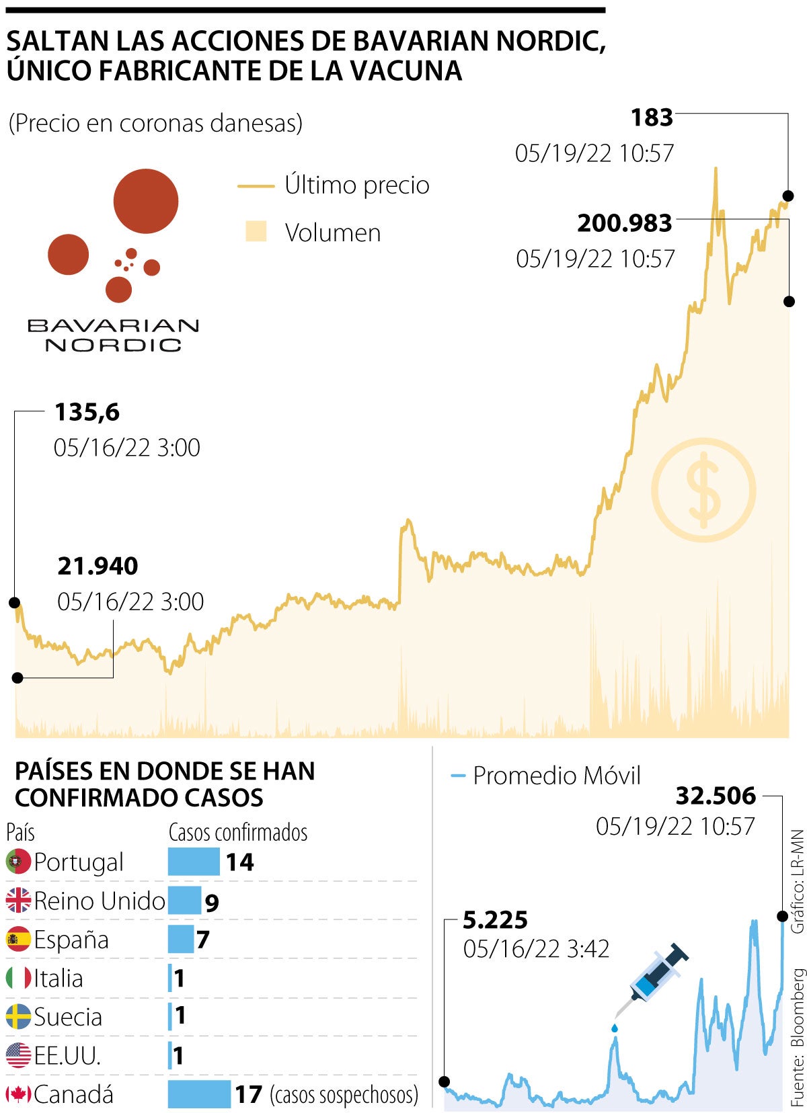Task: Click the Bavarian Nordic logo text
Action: coord(113,335)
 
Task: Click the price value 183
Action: coord(652,118)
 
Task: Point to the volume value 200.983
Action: coord(625,223)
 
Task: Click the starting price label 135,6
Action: coord(87,412)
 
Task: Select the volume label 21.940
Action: coord(98,566)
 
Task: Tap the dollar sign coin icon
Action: coord(703,490)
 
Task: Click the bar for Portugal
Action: coord(194,862)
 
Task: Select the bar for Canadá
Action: coord(199,1094)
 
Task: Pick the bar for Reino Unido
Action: coord(184,901)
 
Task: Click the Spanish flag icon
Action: coord(18,940)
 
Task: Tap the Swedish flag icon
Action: coord(18,1017)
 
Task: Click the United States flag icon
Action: coord(18,1056)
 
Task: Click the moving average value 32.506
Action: coord(716,796)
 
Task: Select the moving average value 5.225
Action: coord(495,919)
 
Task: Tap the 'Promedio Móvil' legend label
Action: coord(556,776)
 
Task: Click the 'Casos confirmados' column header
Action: coord(238,832)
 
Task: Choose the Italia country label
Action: coord(59,979)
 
